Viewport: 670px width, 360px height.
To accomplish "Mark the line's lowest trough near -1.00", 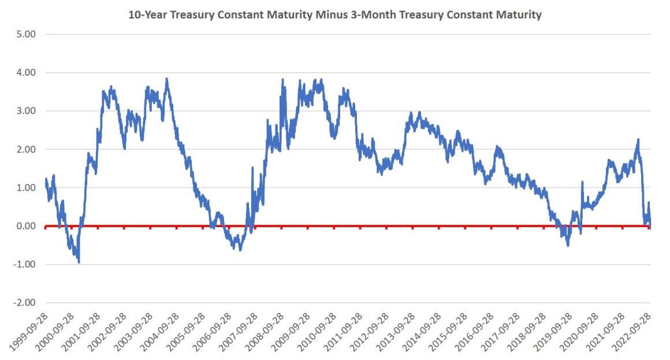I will pos(79,262).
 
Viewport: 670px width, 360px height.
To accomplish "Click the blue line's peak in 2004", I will pos(166,79).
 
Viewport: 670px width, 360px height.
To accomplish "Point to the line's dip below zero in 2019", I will pos(568,245).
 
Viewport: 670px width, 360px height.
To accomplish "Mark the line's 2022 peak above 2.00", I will pos(638,139).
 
